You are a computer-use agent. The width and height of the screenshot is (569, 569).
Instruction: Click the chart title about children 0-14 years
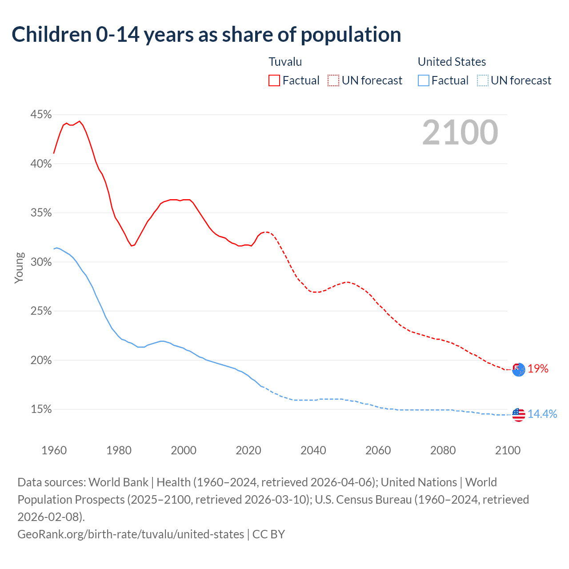[206, 35]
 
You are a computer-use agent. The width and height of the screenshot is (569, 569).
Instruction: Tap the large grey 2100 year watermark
[460, 132]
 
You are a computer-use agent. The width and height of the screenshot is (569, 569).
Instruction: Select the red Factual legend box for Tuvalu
[274, 80]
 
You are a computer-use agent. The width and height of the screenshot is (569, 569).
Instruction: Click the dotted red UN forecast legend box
[333, 80]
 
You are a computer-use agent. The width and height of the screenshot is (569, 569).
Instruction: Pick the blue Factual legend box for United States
[424, 80]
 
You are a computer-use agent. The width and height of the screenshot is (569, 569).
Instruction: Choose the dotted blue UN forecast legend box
[483, 80]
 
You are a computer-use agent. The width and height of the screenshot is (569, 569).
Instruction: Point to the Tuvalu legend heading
[285, 62]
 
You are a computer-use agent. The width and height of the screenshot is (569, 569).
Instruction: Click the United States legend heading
[452, 62]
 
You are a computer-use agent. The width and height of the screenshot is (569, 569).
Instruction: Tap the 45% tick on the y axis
[41, 115]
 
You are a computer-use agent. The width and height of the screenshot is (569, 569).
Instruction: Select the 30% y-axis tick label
[41, 262]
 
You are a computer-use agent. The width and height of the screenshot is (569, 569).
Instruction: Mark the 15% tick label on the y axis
[41, 409]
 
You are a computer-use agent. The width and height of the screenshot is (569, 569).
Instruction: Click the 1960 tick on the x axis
[54, 450]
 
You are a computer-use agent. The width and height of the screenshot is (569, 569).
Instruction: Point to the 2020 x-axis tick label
[248, 450]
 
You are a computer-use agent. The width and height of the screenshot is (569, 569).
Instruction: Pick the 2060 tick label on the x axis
[378, 450]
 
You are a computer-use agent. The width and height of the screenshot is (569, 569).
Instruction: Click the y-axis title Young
[19, 268]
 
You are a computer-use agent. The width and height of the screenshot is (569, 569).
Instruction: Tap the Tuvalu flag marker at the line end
[519, 369]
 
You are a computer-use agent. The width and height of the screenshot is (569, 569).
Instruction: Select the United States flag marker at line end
[519, 415]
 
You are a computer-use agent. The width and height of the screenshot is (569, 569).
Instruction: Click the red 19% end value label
[538, 369]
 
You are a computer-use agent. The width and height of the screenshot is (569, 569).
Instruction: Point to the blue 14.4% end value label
[542, 414]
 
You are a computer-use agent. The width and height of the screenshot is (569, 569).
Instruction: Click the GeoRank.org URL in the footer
[131, 534]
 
